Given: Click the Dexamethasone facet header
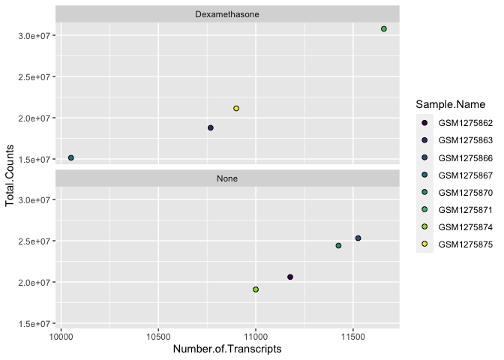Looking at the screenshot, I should pyautogui.click(x=227, y=14).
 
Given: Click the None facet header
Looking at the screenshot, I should pyautogui.click(x=227, y=178).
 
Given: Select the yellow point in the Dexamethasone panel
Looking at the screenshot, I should pyautogui.click(x=236, y=109).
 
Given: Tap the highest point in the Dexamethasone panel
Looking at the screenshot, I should pyautogui.click(x=384, y=29).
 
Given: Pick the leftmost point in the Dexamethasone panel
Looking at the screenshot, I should pyautogui.click(x=71, y=158).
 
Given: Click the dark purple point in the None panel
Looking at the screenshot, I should pyautogui.click(x=290, y=277).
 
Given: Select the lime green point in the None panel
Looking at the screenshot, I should pyautogui.click(x=256, y=289).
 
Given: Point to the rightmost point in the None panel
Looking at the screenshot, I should pyautogui.click(x=358, y=238).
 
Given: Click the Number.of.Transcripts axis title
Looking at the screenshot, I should pyautogui.click(x=227, y=349).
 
